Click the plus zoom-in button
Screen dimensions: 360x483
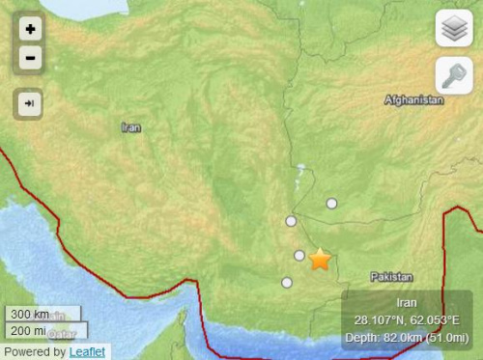tap(31, 30)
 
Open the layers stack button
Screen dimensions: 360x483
tap(454, 29)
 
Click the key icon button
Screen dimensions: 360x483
tap(454, 73)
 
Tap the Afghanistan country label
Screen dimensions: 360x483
tap(413, 100)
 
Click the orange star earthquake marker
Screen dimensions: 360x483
tap(320, 260)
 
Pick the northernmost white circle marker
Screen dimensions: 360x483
tap(331, 203)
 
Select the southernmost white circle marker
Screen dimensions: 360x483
tap(287, 282)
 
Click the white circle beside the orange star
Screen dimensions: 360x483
tap(299, 256)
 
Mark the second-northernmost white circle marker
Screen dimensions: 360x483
tap(291, 221)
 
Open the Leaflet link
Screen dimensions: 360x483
tap(88, 352)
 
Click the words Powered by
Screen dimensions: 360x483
tap(35, 352)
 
